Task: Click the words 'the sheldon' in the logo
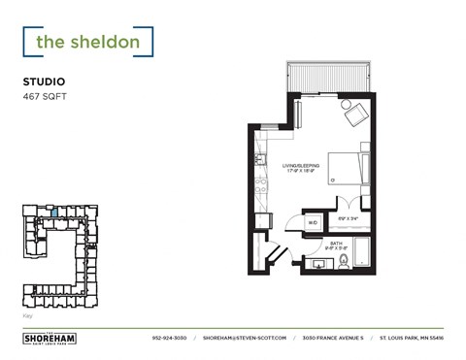(x=88, y=42)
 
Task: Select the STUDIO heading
(x=46, y=82)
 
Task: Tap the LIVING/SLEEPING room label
(x=301, y=167)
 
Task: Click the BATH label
(x=336, y=243)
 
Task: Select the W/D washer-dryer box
(x=313, y=223)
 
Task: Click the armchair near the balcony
(x=355, y=115)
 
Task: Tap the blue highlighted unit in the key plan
(x=54, y=212)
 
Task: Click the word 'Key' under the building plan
(x=26, y=316)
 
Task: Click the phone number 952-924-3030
(x=170, y=338)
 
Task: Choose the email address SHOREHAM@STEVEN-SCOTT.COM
(x=246, y=338)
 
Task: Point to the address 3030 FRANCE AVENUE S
(x=332, y=338)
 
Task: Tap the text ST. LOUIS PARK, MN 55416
(x=411, y=338)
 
